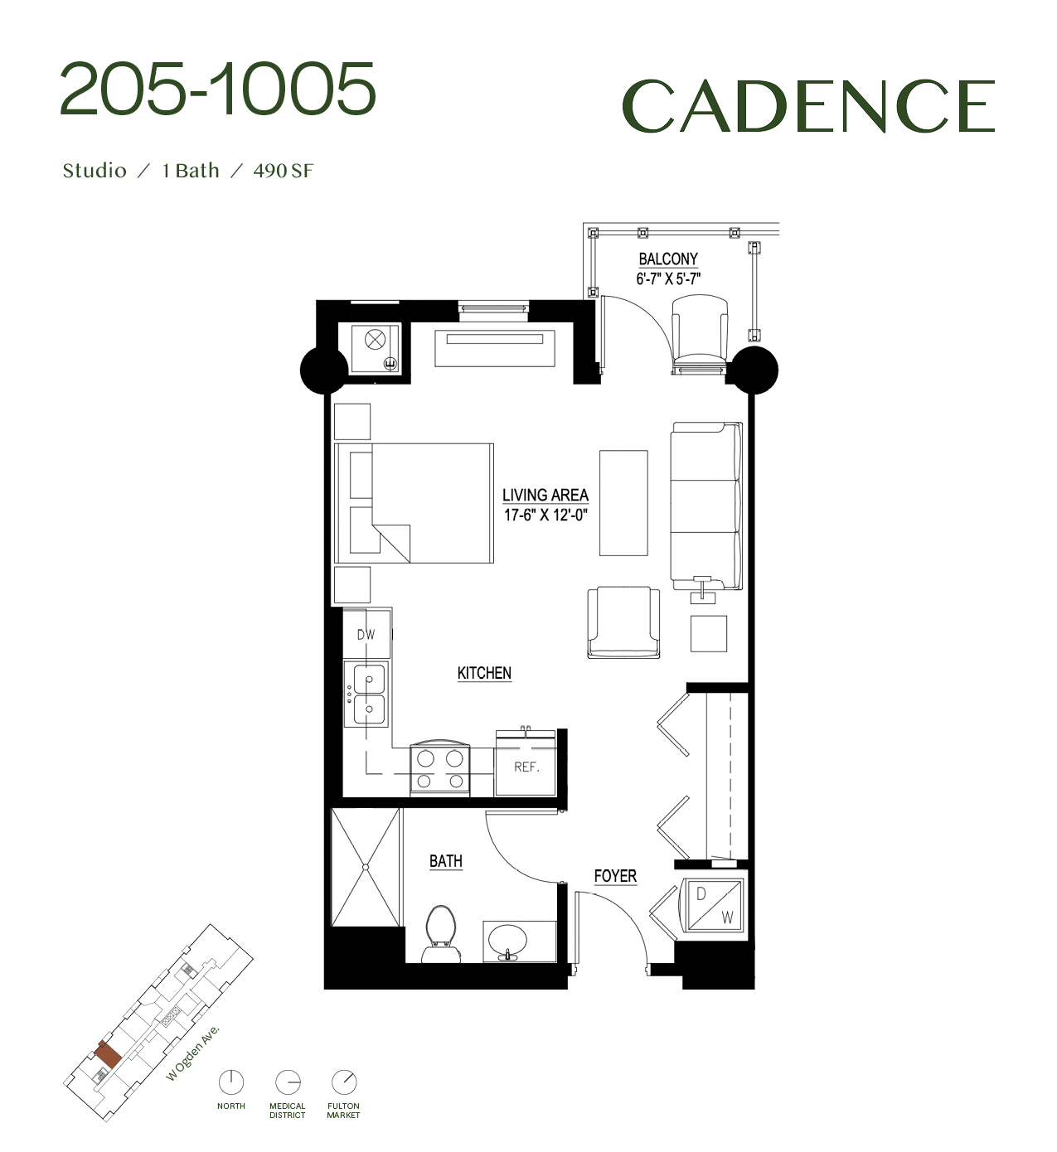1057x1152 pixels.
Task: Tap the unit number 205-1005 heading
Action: (x=218, y=89)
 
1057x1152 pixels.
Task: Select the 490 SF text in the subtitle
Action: (x=284, y=171)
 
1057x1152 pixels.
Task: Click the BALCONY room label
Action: (x=668, y=259)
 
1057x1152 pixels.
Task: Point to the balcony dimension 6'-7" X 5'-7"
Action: (x=668, y=279)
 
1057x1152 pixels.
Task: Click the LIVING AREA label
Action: (x=545, y=495)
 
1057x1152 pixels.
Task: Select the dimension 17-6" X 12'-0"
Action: (x=545, y=515)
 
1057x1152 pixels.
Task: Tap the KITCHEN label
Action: (x=484, y=673)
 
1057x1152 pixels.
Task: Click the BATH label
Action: (x=445, y=861)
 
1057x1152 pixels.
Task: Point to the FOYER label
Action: (x=615, y=876)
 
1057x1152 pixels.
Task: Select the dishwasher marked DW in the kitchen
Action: (x=366, y=634)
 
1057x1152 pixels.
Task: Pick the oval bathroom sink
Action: (x=507, y=941)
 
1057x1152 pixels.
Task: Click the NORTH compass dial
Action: (x=231, y=1082)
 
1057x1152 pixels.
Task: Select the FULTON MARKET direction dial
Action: (x=343, y=1082)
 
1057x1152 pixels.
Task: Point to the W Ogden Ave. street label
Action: (x=193, y=1053)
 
